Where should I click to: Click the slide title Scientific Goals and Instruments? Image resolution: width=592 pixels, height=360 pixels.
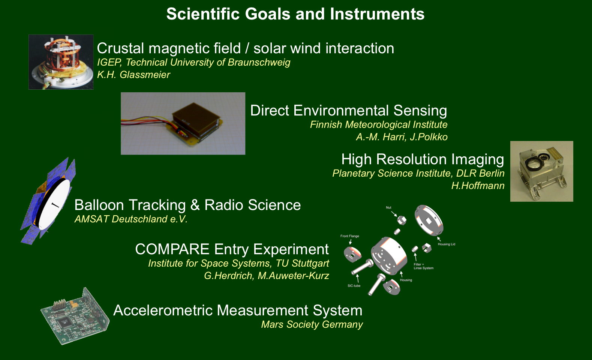295,14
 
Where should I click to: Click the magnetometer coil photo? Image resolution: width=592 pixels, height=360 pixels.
61,62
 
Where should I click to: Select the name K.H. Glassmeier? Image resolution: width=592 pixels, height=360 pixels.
133,75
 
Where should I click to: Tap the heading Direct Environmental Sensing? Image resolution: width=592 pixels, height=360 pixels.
349,111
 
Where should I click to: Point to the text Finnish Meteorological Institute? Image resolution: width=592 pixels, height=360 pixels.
378,124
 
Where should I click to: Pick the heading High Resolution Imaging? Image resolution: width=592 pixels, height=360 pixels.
423,159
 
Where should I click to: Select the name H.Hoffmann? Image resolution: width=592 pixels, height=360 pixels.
478,186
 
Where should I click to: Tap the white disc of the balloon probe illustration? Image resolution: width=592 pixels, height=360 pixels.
55,204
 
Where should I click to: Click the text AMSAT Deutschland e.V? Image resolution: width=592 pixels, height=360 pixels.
131,219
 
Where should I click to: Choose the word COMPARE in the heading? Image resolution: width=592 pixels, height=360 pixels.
172,249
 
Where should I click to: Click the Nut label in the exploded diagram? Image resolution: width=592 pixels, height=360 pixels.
388,207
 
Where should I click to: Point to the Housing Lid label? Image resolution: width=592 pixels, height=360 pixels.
447,244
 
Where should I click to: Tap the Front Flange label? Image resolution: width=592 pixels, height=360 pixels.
350,236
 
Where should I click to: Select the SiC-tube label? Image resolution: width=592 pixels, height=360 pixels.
354,286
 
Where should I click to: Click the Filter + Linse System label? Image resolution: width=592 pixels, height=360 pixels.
423,266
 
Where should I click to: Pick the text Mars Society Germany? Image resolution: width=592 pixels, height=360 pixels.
312,324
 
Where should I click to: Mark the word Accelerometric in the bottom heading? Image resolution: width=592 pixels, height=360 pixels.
163,310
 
